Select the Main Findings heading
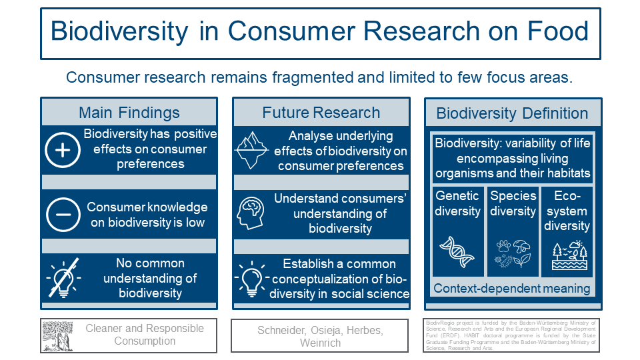[x=129, y=112]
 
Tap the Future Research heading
[x=321, y=112]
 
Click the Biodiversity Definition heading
[x=512, y=113]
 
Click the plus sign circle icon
[x=63, y=150]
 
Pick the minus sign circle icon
[x=63, y=215]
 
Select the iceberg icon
[x=252, y=150]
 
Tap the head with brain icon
[x=252, y=213]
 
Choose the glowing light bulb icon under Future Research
[x=252, y=278]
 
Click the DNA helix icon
[x=457, y=253]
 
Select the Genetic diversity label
[x=457, y=203]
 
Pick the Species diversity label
[x=513, y=203]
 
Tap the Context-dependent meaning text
[x=512, y=289]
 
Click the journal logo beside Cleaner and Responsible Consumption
[x=57, y=335]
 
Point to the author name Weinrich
[x=320, y=343]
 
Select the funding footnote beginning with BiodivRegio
[x=512, y=335]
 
